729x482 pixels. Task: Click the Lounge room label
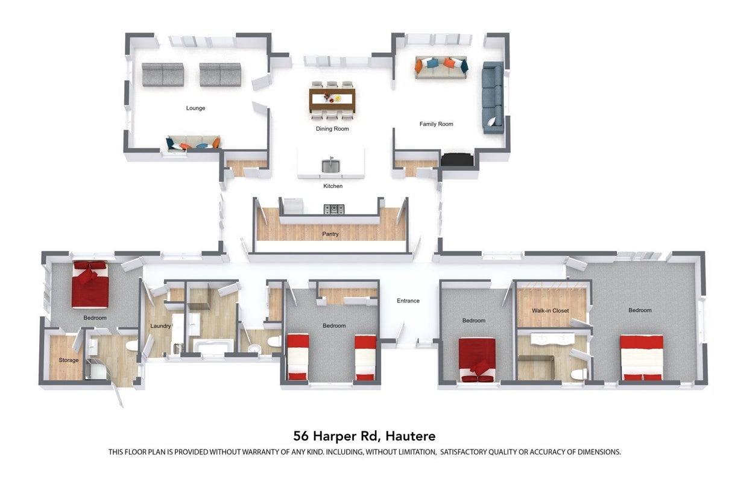point(195,108)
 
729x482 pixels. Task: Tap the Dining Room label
point(332,129)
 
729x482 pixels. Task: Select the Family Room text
point(436,124)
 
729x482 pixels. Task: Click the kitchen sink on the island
point(330,166)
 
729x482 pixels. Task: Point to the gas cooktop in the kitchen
point(334,209)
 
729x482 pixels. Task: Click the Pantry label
point(330,234)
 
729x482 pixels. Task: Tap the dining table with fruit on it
point(332,99)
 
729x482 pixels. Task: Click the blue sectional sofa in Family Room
point(493,98)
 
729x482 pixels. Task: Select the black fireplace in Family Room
point(457,160)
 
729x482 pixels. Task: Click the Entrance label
point(408,301)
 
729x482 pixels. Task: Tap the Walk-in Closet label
point(551,311)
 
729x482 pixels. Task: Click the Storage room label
point(69,360)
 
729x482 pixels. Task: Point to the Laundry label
point(160,326)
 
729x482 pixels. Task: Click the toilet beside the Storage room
point(132,346)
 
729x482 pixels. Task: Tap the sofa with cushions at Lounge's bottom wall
point(194,143)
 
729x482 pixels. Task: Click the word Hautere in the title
point(411,436)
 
